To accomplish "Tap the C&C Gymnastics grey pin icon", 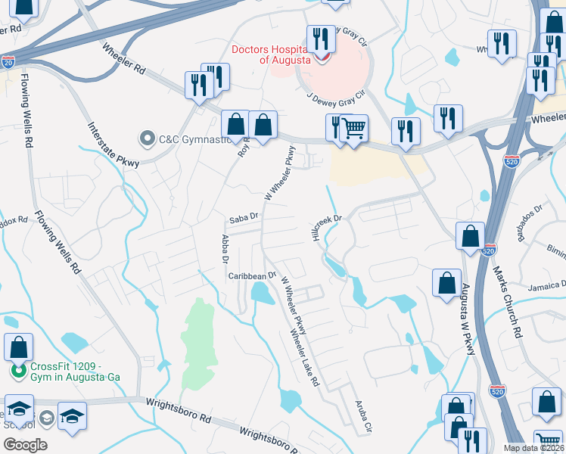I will [145, 138].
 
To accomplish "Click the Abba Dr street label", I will [225, 248].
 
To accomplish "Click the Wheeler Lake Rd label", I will [304, 356].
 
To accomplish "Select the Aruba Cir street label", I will [360, 417].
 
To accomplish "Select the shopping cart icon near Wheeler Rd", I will [353, 128].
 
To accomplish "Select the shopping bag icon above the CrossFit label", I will [19, 347].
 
